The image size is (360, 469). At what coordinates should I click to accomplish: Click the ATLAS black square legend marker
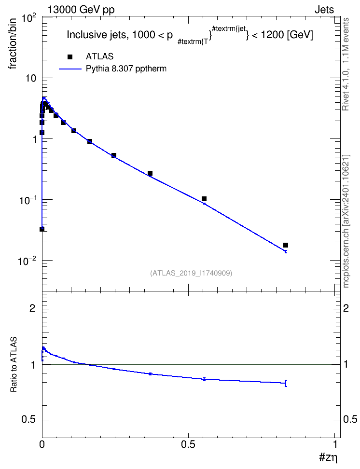tap(70, 57)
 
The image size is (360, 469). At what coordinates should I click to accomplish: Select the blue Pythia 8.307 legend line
tap(70, 69)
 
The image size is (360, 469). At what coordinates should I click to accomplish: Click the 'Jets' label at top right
tap(324, 10)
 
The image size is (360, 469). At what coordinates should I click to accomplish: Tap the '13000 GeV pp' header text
tap(81, 10)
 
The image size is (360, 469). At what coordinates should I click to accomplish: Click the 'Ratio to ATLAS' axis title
tap(14, 365)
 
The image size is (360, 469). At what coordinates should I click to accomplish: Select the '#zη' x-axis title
tap(329, 457)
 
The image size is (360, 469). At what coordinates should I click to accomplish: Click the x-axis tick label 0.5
tap(188, 444)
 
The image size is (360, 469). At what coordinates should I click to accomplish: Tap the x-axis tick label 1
tap(335, 444)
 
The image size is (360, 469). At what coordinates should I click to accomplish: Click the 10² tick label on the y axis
tap(29, 18)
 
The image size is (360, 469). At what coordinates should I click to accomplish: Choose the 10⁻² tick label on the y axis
tap(27, 261)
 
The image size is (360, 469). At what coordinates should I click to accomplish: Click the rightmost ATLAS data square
tap(286, 245)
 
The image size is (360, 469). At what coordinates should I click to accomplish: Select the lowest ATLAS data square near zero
tap(42, 229)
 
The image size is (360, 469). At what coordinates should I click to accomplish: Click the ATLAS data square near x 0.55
tap(204, 199)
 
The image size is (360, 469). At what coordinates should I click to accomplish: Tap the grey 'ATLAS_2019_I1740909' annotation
tap(191, 273)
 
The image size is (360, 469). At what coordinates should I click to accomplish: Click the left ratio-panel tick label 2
tap(32, 308)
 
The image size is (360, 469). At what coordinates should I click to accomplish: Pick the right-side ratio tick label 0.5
tap(350, 420)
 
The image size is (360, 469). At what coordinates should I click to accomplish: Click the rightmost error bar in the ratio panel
tap(286, 383)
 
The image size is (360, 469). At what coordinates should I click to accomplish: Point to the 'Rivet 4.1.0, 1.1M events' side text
tap(346, 64)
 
